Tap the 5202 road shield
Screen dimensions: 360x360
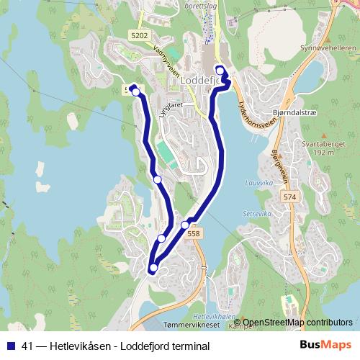(140, 35)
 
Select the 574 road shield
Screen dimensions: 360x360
(290, 197)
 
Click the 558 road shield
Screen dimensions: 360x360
(193, 233)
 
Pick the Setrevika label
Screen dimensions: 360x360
(256, 214)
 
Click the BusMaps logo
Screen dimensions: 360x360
(325, 346)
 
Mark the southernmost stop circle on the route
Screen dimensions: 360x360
(153, 269)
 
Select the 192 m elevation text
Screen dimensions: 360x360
(324, 153)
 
